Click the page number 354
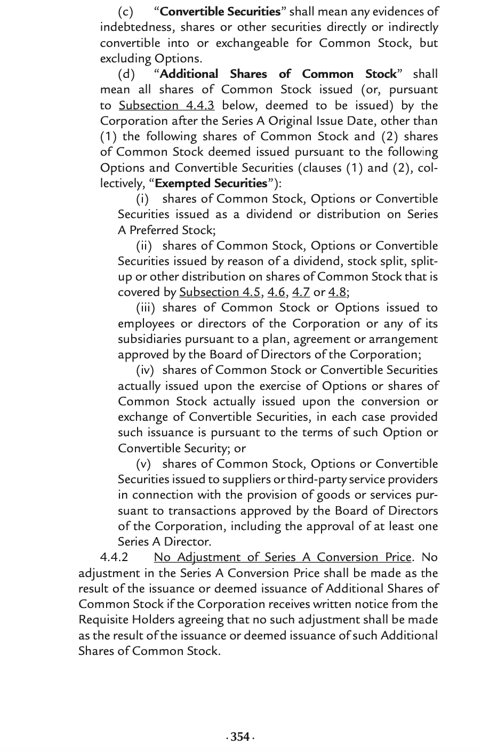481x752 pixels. point(240,737)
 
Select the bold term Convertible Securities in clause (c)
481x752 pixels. point(220,11)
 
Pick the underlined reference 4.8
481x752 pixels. point(337,292)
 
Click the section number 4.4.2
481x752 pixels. point(114,557)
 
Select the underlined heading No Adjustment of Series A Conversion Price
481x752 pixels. point(283,557)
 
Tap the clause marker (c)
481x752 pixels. point(126,11)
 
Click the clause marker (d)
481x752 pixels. point(126,74)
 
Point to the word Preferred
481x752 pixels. point(153,230)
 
